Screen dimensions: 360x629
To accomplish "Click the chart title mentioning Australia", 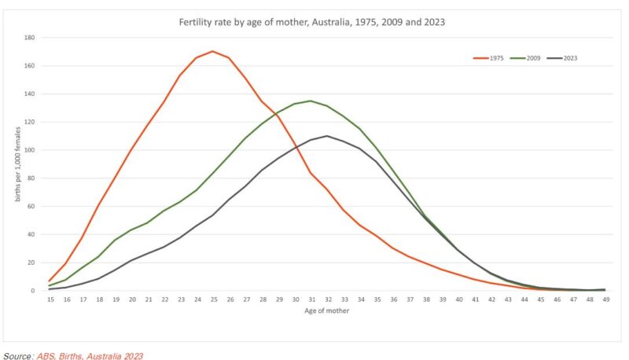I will (312, 22).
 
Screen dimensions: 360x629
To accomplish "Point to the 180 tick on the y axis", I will (29, 38).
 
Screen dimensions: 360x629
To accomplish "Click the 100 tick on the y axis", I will (29, 150).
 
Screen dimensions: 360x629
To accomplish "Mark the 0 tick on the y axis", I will (32, 291).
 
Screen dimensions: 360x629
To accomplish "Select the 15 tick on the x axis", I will (50, 300).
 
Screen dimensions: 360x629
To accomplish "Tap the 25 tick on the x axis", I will (212, 300).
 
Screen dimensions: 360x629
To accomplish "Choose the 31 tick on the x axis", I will (311, 300).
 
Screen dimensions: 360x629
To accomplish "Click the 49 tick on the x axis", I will (605, 300).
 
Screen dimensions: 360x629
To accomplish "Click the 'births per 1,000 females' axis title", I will (17, 164).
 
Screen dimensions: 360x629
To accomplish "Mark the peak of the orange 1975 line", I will (212, 51).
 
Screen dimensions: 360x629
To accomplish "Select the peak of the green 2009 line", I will (311, 101).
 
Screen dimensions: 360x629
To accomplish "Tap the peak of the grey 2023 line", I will (327, 136).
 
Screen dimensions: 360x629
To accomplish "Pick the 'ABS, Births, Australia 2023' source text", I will (90, 355).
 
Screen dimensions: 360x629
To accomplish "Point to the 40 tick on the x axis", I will (458, 300).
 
